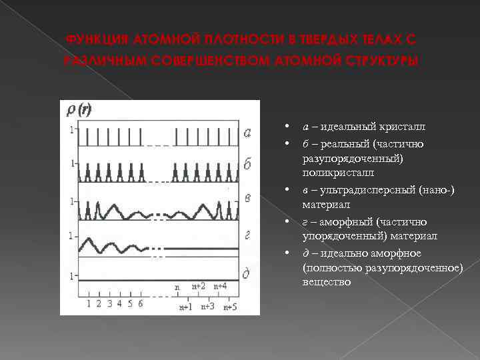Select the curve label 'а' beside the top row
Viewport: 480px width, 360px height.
247,132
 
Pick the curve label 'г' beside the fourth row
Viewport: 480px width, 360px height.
247,235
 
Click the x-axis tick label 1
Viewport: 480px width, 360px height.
89,303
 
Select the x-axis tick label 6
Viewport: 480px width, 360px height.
140,303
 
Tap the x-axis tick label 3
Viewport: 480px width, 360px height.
109,303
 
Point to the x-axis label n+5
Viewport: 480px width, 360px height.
229,307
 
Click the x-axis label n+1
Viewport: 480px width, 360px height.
186,307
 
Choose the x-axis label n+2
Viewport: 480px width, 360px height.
198,286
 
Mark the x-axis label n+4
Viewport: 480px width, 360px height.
221,286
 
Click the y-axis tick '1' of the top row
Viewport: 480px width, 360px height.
71,129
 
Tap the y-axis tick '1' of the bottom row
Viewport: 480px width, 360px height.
71,275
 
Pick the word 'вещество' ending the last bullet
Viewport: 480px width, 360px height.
326,281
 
